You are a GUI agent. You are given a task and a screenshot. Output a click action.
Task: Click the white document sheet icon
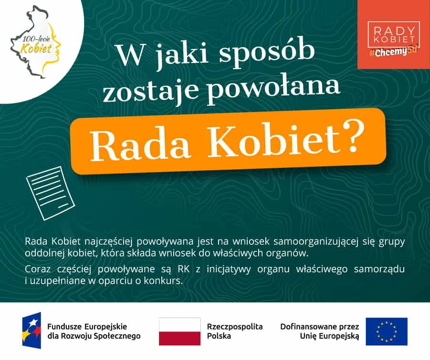pyautogui.click(x=51, y=194)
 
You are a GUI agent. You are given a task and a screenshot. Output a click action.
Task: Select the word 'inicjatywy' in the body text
pyautogui.click(x=229, y=269)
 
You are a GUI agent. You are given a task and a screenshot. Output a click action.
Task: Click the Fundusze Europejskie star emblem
pyautogui.click(x=32, y=330)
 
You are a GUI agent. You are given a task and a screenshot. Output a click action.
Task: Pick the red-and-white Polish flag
pyautogui.click(x=179, y=331)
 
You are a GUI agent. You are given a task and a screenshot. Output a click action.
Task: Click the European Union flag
pyautogui.click(x=387, y=331)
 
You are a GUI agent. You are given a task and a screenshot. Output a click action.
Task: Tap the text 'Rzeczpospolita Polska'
pyautogui.click(x=235, y=331)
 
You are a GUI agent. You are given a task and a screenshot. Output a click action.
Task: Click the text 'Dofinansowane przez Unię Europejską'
pyautogui.click(x=319, y=331)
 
